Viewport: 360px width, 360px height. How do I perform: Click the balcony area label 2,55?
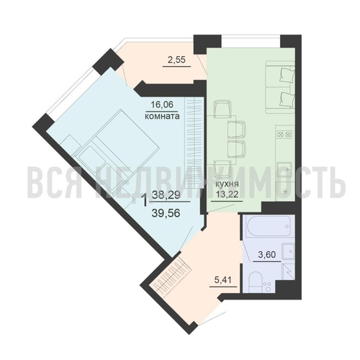[x=176, y=59]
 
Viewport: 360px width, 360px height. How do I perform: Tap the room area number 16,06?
[x=162, y=104]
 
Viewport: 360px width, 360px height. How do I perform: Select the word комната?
[x=162, y=117]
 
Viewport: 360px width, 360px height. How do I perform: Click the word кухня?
[x=227, y=184]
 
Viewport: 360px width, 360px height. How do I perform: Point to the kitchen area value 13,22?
[x=227, y=194]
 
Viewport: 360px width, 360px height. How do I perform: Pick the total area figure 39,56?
[x=166, y=212]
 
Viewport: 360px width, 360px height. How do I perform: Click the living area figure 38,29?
[x=166, y=195]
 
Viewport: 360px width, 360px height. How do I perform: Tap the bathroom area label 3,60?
[x=267, y=254]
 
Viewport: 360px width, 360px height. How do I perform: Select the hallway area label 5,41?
[x=223, y=279]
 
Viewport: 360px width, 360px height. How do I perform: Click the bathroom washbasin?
[x=288, y=251]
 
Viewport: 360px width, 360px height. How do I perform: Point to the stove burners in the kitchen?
[x=284, y=135]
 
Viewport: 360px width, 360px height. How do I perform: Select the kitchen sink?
[x=285, y=170]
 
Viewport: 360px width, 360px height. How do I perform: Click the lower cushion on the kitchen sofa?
[x=287, y=99]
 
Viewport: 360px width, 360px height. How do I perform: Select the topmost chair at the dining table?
[x=223, y=109]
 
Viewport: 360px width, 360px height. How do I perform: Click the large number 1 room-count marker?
[x=145, y=201]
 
